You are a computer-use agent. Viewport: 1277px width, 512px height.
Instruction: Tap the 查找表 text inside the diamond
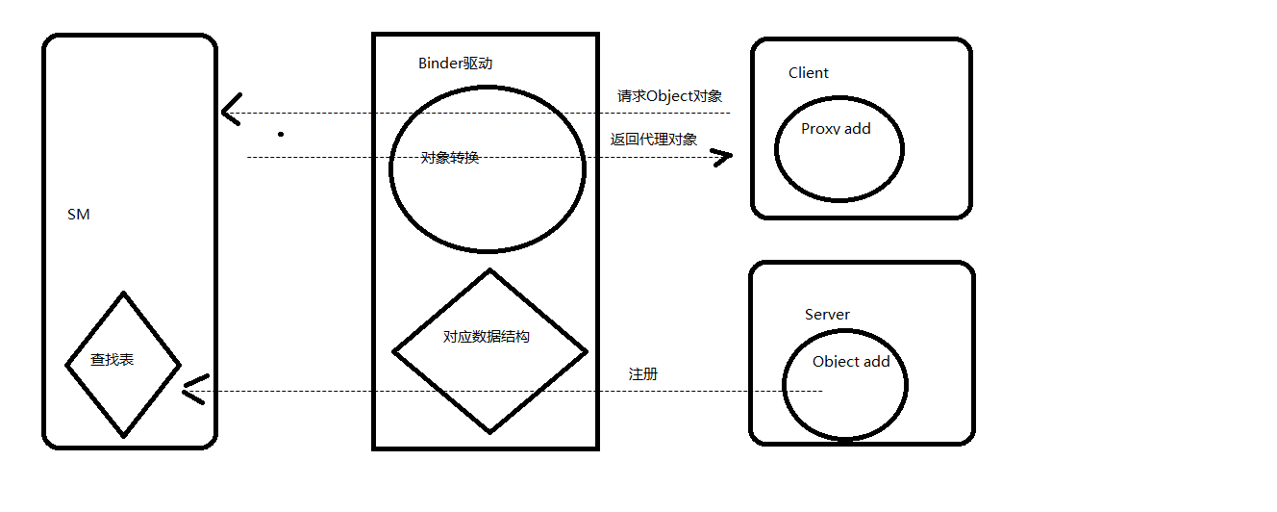[x=113, y=360]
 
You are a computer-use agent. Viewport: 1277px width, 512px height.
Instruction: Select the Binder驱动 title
[x=456, y=64]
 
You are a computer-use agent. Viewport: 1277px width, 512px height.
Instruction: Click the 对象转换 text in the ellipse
[x=450, y=158]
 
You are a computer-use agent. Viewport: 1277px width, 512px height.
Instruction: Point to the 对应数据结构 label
[x=487, y=337]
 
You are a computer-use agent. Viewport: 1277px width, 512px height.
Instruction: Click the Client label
[x=809, y=73]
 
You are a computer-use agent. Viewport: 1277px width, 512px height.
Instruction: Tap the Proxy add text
[x=836, y=129]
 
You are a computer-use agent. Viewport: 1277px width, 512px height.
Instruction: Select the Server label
[x=827, y=315]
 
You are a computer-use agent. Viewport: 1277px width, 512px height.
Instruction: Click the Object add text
[x=851, y=362]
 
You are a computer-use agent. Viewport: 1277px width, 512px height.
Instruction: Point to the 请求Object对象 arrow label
[x=670, y=96]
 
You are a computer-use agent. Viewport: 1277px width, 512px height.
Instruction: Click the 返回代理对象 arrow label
[x=654, y=139]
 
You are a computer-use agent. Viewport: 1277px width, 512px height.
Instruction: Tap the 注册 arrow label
[x=643, y=374]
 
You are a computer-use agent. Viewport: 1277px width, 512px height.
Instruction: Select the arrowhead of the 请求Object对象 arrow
[x=227, y=112]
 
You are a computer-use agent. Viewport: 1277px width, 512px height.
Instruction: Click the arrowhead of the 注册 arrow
[x=189, y=390]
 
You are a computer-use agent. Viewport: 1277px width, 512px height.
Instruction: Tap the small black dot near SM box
[x=281, y=134]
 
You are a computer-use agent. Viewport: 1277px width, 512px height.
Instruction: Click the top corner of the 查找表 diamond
[x=123, y=293]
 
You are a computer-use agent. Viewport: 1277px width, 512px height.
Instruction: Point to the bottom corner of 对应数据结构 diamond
[x=490, y=432]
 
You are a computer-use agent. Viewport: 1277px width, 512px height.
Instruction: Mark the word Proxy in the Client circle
[x=820, y=129]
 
